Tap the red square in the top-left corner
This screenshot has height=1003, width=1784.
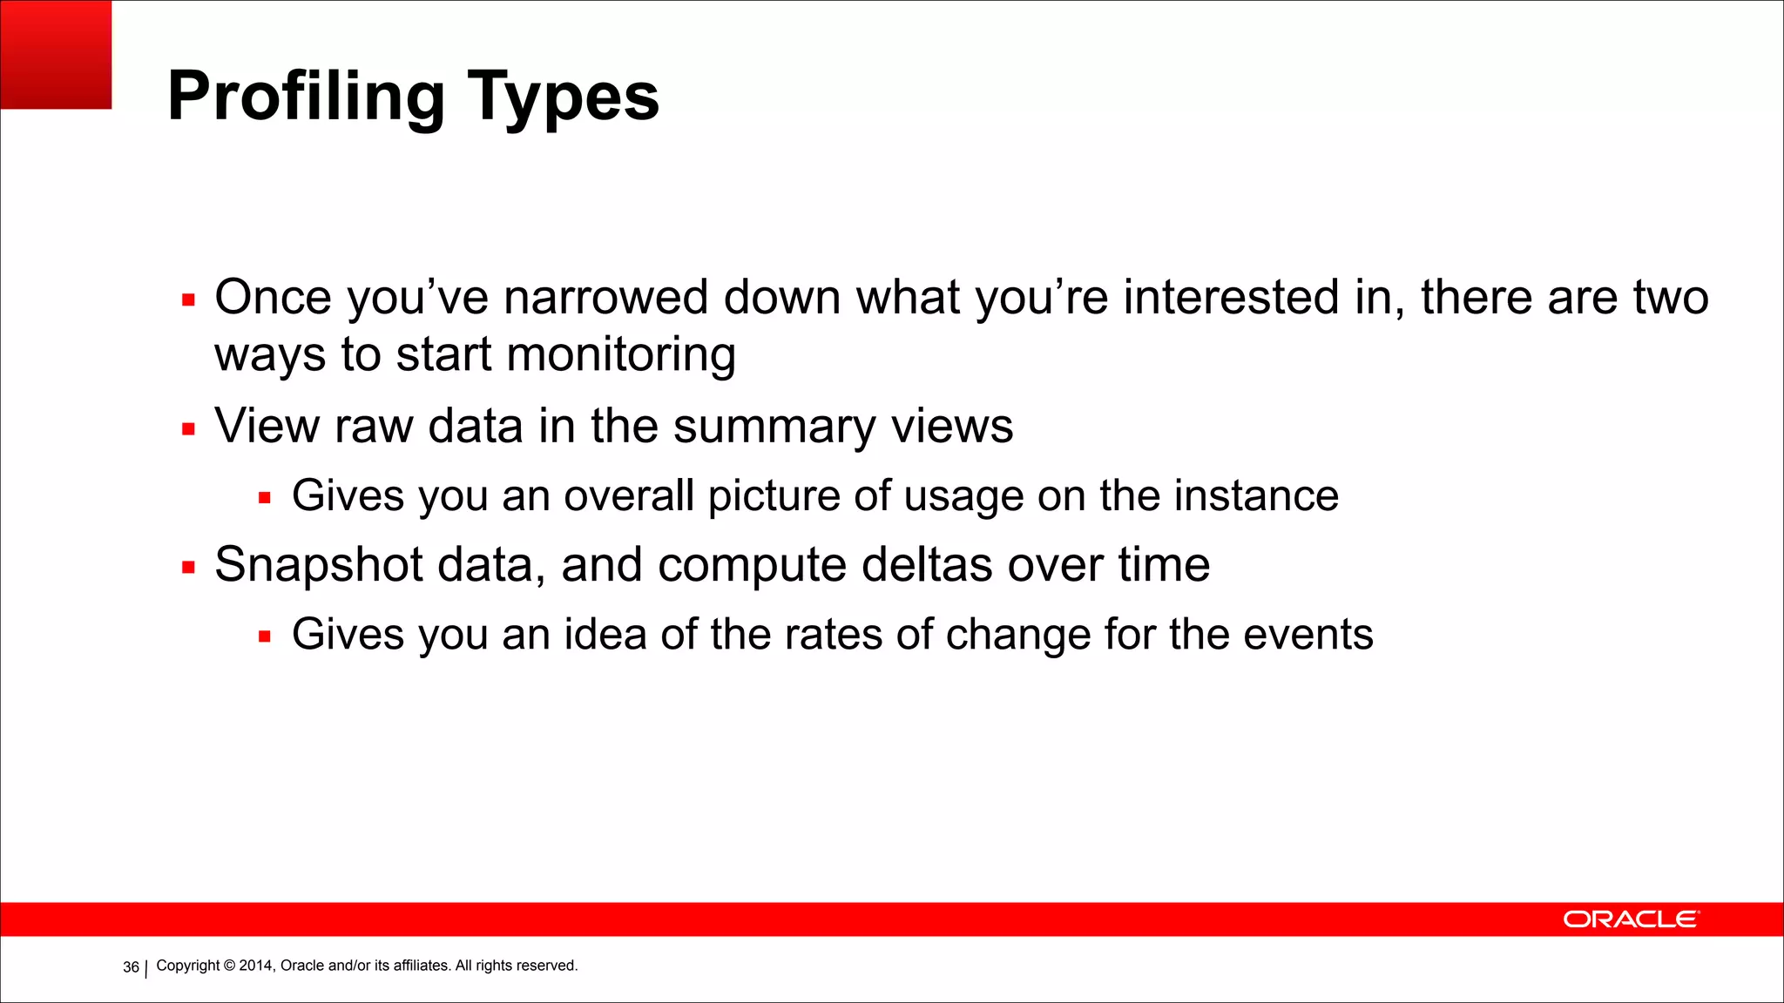click(56, 54)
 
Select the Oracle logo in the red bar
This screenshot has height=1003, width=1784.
click(1630, 919)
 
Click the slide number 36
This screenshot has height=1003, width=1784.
click(131, 967)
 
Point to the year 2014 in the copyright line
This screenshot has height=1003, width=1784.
click(255, 966)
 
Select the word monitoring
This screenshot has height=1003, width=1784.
click(620, 355)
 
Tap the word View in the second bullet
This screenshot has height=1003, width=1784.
click(267, 427)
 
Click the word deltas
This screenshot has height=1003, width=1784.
click(927, 565)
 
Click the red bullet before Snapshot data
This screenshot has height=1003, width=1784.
click(188, 568)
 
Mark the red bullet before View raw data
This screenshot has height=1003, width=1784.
click(188, 429)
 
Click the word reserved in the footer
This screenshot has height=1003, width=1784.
click(549, 966)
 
